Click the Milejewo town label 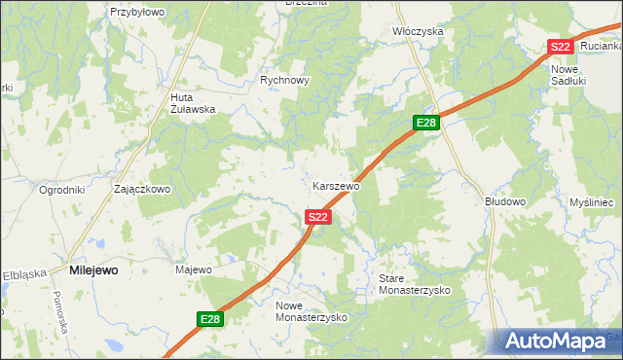tap(93, 271)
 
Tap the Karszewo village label tap(337, 185)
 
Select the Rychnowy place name tap(284, 81)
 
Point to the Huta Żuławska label tap(192, 103)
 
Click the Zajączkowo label tap(142, 189)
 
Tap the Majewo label tap(193, 270)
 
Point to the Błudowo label tap(505, 201)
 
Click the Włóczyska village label tap(418, 31)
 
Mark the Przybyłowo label tap(137, 12)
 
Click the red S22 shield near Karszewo tap(317, 217)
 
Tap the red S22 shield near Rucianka tap(559, 47)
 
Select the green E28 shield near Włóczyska tap(426, 123)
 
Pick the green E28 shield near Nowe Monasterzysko tap(209, 318)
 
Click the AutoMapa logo tap(559, 341)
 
